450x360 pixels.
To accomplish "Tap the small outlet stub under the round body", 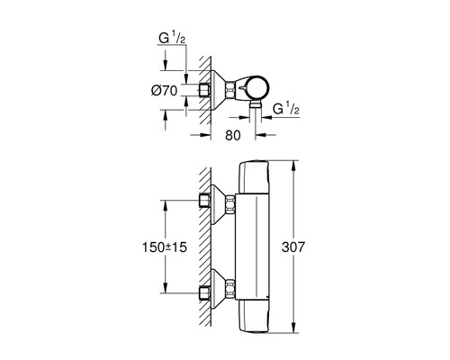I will (x=255, y=108).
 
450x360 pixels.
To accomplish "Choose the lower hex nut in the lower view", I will (x=231, y=291).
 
